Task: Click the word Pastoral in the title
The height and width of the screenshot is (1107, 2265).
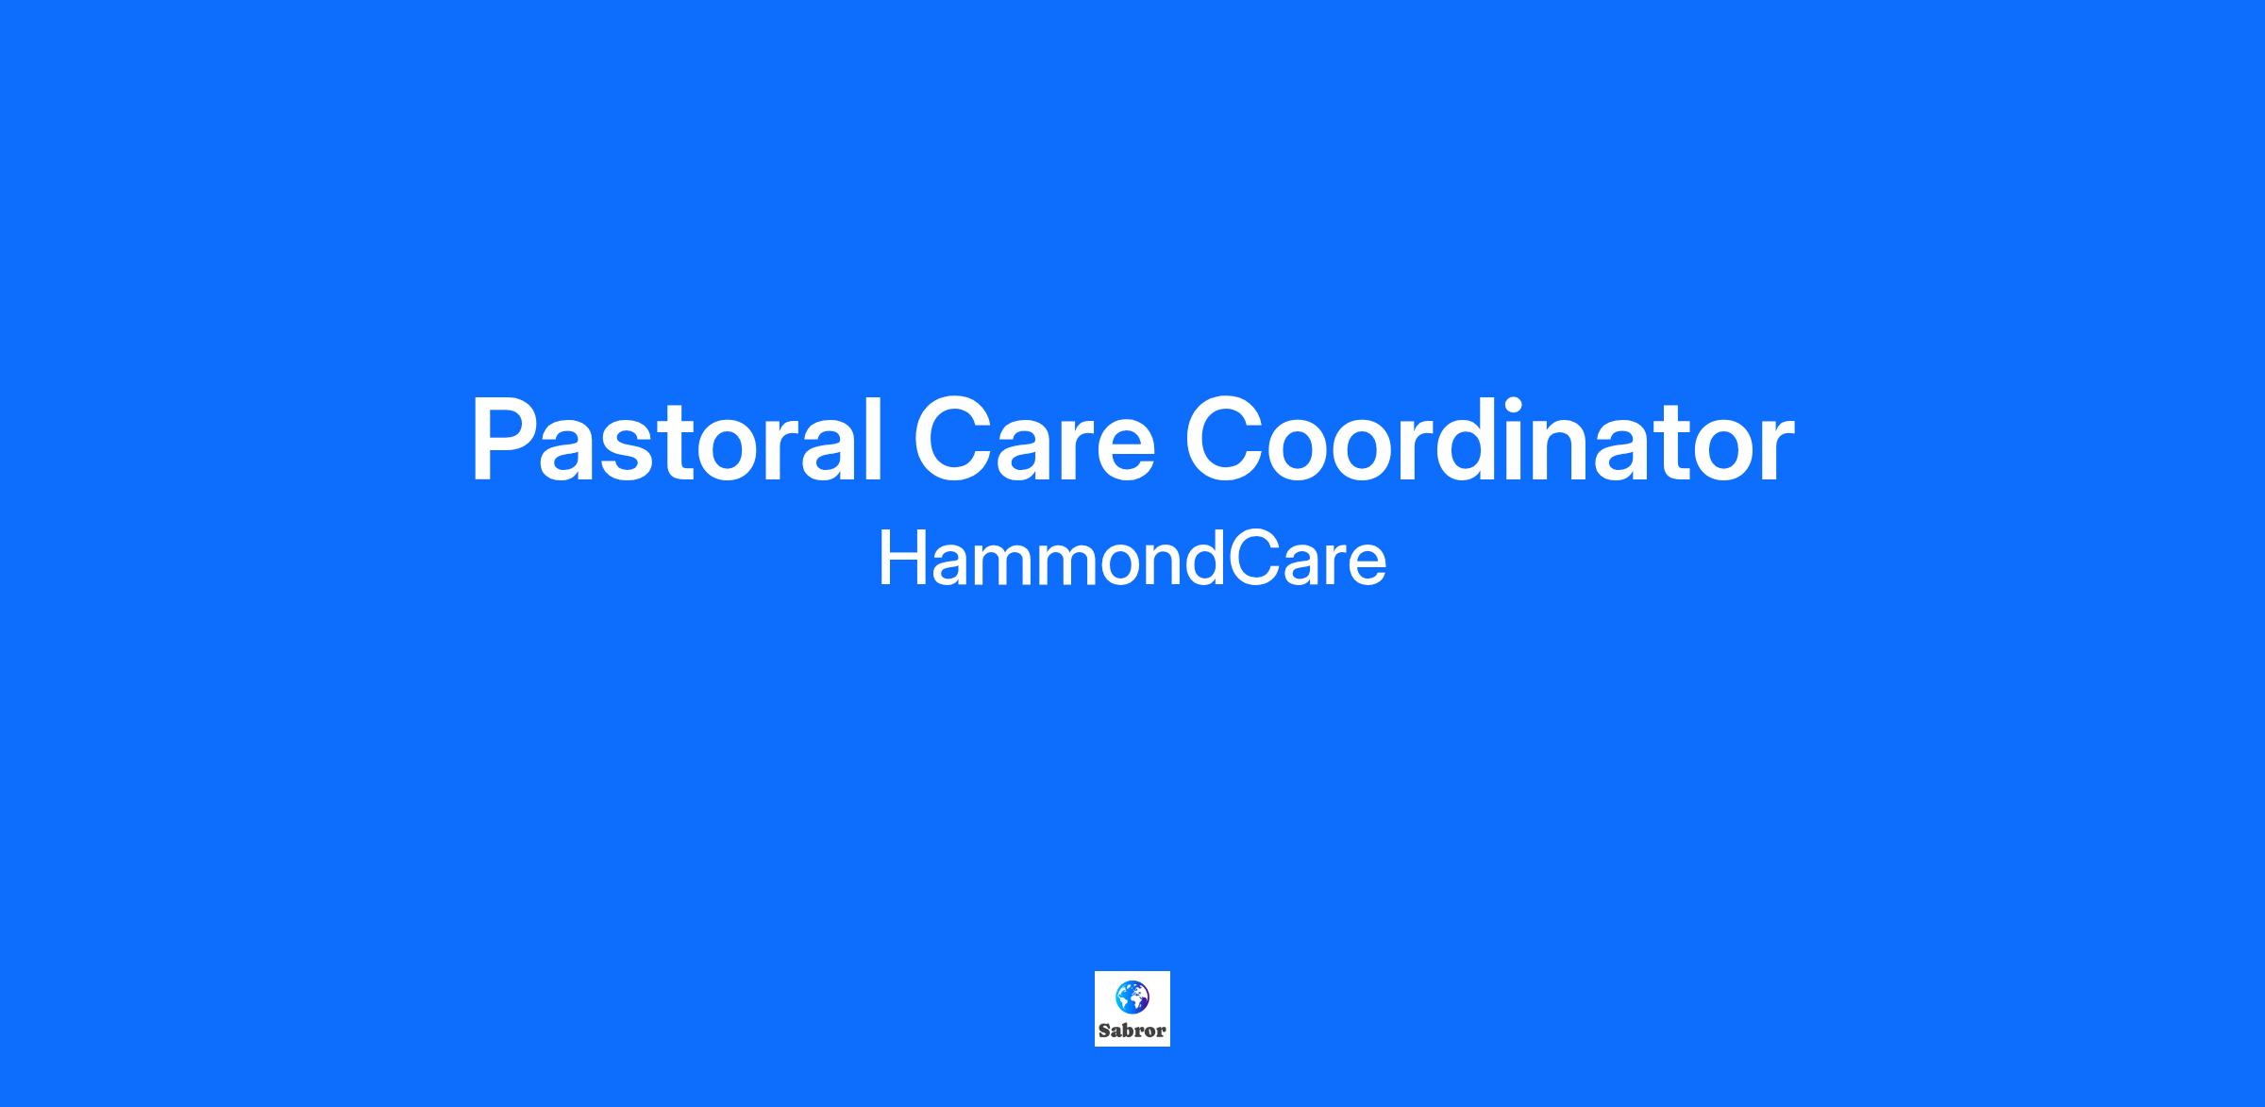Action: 678,440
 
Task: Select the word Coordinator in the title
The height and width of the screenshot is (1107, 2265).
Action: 1489,440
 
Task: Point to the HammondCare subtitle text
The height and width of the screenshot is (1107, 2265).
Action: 1132,559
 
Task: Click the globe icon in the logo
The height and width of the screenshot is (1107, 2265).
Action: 1132,997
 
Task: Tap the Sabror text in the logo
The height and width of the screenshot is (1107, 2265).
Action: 1132,1032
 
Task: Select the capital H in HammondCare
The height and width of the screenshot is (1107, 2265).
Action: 902,559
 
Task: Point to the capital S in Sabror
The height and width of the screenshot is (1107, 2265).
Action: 1105,1032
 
